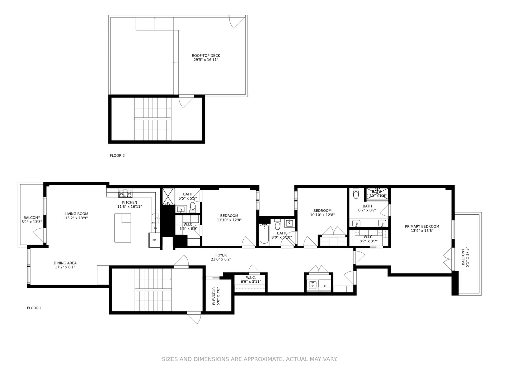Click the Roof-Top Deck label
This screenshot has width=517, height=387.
point(206,58)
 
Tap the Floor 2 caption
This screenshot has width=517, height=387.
point(117,156)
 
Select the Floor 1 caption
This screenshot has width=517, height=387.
point(34,308)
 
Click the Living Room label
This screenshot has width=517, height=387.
point(76,216)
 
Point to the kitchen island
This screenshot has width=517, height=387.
point(123,228)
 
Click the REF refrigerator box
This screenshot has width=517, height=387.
point(154,240)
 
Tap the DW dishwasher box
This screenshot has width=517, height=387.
point(156,228)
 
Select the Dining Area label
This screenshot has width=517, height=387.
point(65,265)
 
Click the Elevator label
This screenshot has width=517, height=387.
point(214,296)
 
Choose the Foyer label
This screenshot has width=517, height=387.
point(221,257)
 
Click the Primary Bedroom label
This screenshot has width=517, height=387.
point(422,229)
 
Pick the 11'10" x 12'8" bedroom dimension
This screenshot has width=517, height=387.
point(229,220)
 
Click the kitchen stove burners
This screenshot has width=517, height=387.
point(126,195)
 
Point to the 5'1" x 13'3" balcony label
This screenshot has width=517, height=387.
point(32,220)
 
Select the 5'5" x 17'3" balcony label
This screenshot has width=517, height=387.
point(465,257)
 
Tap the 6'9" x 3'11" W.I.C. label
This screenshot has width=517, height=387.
point(251,279)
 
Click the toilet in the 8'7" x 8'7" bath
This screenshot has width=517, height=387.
point(356,194)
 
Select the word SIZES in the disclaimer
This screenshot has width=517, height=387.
point(170,359)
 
